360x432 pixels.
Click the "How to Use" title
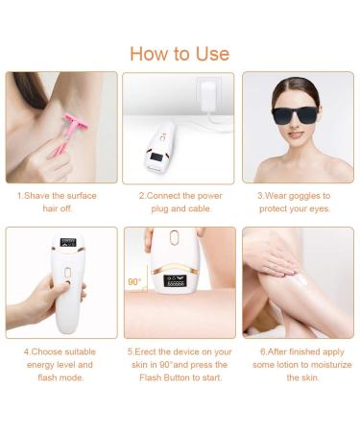180,54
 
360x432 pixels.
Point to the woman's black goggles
295,115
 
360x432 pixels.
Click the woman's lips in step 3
295,135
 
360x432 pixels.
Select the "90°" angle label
134,282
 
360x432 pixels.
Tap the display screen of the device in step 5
175,281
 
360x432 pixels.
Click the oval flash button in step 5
175,237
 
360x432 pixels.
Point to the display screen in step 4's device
68,242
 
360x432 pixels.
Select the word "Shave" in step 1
36,196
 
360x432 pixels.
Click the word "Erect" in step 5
145,351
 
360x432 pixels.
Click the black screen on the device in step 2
156,156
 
